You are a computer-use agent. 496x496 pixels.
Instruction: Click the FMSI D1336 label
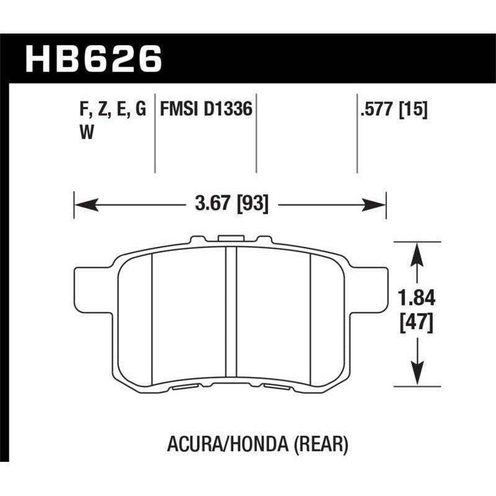pos(206,110)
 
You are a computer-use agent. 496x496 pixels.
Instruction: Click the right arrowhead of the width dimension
pos(379,203)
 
